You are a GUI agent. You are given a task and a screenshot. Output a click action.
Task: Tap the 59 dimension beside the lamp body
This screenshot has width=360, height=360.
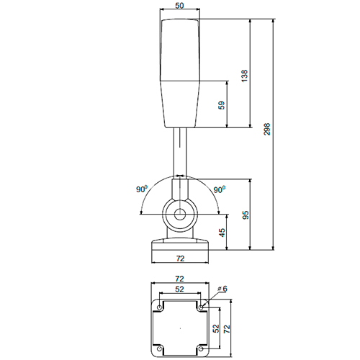pyautogui.click(x=222, y=104)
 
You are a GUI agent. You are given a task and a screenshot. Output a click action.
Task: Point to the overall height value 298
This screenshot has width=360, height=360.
pyautogui.click(x=267, y=130)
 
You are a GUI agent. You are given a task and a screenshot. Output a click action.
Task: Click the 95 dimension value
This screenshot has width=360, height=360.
pyautogui.click(x=245, y=215)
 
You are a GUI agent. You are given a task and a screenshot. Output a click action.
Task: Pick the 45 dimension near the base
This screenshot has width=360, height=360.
pyautogui.click(x=222, y=233)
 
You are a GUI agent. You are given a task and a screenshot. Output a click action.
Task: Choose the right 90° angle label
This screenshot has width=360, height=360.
pyautogui.click(x=219, y=189)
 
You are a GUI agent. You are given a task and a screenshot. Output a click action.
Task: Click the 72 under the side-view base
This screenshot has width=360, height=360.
pyautogui.click(x=180, y=257)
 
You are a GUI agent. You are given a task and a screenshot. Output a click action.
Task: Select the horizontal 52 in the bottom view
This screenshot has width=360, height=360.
pyautogui.click(x=179, y=289)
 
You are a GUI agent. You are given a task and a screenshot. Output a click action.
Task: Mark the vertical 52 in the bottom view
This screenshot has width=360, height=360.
pyautogui.click(x=216, y=328)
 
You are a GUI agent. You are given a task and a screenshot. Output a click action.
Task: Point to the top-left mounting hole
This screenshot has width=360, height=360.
pyautogui.click(x=159, y=307)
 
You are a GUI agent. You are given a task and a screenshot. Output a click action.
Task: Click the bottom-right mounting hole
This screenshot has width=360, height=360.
pyautogui.click(x=201, y=348)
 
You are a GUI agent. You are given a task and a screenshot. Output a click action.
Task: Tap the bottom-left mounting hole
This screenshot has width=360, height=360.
pyautogui.click(x=159, y=348)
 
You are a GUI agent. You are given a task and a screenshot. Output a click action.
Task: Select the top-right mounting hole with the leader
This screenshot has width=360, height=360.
pyautogui.click(x=201, y=307)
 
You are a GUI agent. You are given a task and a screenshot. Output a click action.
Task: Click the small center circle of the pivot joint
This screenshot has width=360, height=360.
pyautogui.click(x=179, y=215)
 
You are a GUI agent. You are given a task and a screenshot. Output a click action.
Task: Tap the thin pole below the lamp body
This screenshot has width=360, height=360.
pyautogui.click(x=179, y=151)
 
